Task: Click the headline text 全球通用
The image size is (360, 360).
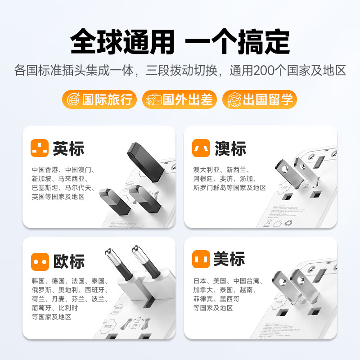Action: [122, 41]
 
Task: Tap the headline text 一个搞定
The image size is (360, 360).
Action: [237, 41]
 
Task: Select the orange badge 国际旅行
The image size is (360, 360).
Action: [100, 99]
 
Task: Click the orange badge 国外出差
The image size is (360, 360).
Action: [180, 99]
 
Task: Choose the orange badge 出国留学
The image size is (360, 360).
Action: [260, 99]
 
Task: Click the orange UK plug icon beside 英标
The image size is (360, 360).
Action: [40, 148]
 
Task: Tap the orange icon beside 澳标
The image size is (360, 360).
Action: [201, 148]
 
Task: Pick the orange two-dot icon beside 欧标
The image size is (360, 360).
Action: [40, 261]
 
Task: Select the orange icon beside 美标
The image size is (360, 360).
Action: [201, 260]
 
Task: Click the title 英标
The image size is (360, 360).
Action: [68, 148]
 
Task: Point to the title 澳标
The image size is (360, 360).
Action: [230, 148]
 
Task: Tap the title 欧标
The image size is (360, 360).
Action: [68, 261]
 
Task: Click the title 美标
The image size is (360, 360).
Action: [229, 260]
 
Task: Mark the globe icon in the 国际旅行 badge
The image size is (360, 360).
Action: [72, 99]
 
